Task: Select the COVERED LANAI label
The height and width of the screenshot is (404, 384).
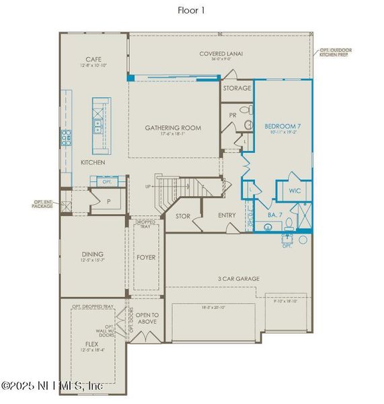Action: [x=221, y=55]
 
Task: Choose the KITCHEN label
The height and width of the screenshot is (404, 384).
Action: [x=93, y=163]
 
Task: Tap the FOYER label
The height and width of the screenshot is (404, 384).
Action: [x=147, y=257]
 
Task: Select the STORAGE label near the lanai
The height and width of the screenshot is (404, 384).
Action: [x=237, y=88]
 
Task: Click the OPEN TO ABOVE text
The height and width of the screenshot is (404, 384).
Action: [x=147, y=318]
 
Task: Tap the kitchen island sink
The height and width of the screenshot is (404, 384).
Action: [x=98, y=123]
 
